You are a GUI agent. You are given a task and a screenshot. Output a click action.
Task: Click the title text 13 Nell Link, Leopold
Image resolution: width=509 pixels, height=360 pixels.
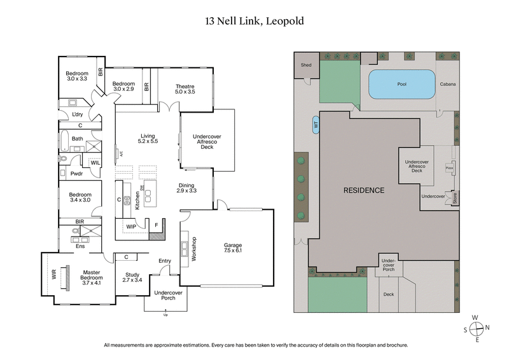(x=254, y=21)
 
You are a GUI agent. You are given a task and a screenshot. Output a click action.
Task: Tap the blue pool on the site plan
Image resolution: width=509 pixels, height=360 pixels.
(x=401, y=84)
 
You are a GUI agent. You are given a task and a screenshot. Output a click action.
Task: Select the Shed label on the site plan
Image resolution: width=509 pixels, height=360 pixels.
(x=306, y=64)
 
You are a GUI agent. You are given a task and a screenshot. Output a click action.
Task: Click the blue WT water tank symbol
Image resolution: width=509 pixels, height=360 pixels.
(x=316, y=126)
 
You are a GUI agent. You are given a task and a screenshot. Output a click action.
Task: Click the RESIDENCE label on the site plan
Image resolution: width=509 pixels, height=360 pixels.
(x=364, y=190)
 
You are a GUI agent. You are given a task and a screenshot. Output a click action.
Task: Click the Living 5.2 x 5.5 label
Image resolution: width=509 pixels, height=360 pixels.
(x=148, y=138)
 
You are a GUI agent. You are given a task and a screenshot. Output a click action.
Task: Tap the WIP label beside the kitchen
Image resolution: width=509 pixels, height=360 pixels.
(x=131, y=226)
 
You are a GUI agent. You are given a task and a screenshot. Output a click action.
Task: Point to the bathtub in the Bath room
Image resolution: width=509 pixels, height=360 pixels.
(x=64, y=138)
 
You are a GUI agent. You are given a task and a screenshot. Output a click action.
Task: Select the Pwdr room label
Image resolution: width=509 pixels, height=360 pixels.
(x=77, y=172)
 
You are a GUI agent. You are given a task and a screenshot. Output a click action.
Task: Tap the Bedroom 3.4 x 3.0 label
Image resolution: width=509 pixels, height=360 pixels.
(x=80, y=198)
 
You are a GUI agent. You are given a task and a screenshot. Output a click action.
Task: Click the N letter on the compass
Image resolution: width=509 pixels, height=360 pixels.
(x=487, y=328)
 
